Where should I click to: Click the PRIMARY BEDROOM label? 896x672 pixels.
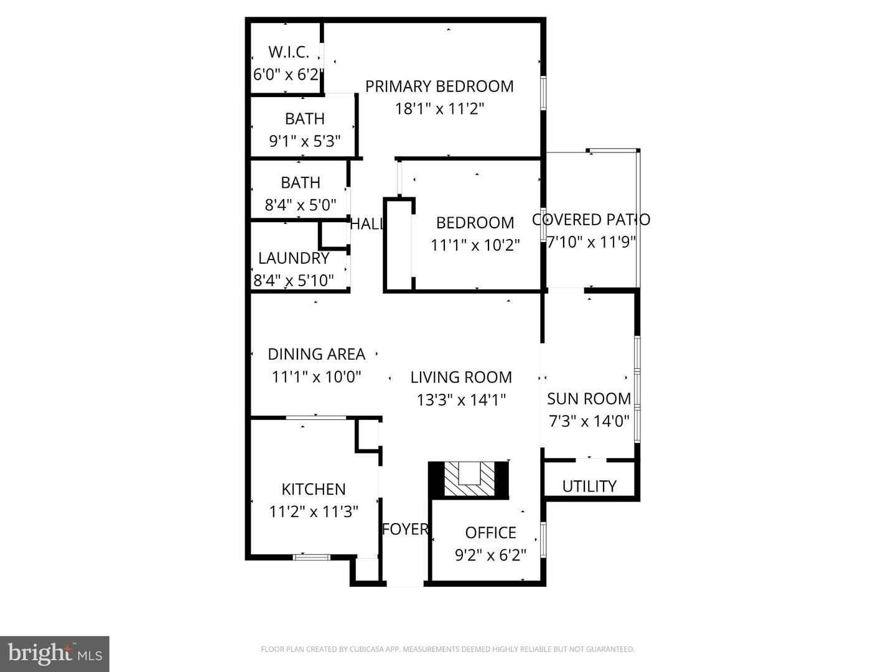[439, 86]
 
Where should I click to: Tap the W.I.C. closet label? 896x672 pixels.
[289, 52]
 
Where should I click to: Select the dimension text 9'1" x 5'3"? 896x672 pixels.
[305, 141]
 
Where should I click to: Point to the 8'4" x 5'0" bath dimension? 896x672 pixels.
[301, 205]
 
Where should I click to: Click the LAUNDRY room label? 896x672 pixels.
[294, 258]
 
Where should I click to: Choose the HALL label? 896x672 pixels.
[366, 224]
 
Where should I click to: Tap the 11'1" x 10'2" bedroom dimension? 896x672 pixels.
[475, 245]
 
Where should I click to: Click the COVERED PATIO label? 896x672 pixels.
[591, 220]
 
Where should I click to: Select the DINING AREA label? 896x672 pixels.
[316, 354]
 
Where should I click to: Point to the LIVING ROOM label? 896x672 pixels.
[461, 377]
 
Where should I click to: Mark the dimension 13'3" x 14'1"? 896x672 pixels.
[461, 399]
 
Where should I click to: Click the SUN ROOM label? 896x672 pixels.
[589, 399]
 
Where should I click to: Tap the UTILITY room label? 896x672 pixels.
[589, 486]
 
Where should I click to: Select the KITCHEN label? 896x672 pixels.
[314, 489]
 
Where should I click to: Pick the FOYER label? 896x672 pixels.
[405, 529]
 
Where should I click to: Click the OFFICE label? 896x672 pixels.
[491, 533]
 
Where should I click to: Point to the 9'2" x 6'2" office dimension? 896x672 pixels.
[491, 555]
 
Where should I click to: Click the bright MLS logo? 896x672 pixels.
[55, 653]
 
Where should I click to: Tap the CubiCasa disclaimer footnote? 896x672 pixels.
[447, 650]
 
